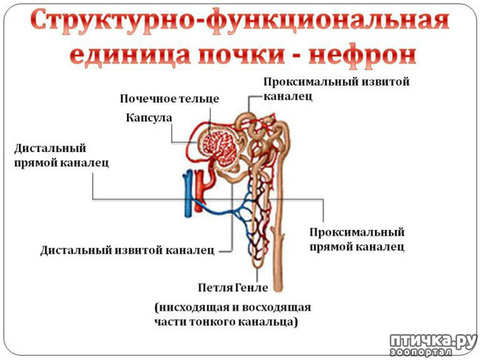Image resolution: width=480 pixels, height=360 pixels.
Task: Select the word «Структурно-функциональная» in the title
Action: (240, 21)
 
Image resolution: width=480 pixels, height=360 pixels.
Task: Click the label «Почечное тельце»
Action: (170, 98)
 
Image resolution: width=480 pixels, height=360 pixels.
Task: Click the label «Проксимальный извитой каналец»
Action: (336, 88)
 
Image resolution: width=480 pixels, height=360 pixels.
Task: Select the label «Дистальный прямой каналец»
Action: (61, 155)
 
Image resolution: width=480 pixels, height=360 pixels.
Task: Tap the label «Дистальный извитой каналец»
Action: (127, 249)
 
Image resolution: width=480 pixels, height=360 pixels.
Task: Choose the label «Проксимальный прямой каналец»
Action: (357, 238)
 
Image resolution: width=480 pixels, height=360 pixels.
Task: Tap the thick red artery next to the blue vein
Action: (198, 188)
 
